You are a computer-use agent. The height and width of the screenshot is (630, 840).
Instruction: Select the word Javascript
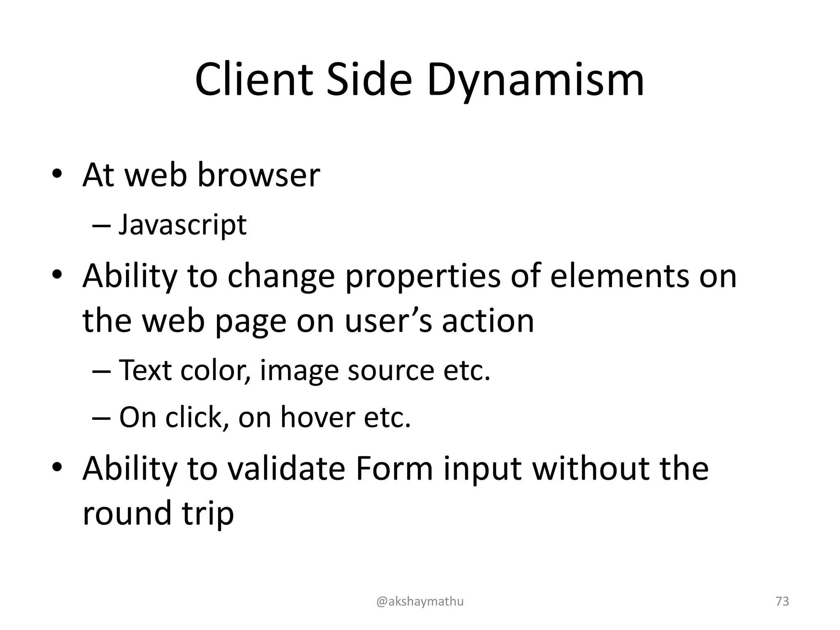183,225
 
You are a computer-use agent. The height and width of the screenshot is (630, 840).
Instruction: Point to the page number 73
782,601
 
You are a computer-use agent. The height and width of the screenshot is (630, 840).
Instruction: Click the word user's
388,321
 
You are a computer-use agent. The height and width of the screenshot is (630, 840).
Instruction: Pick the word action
488,321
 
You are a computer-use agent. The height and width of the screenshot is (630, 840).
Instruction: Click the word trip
208,514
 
